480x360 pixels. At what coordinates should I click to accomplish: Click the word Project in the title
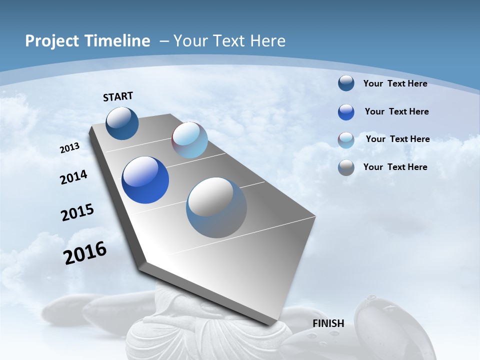coord(51,41)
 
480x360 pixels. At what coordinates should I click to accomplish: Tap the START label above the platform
coord(118,96)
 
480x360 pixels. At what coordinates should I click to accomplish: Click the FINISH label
coord(328,323)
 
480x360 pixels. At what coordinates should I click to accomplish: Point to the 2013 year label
coord(70,148)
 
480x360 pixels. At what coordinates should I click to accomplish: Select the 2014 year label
coord(74,177)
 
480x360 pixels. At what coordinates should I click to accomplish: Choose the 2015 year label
coord(77,212)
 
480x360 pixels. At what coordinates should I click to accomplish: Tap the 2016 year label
coord(85,253)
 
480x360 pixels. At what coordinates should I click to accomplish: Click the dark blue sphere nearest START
coord(122,123)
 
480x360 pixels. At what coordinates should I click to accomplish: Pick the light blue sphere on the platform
coord(189,140)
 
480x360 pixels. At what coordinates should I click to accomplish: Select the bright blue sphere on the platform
coord(145,180)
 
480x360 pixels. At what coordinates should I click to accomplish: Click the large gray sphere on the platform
coord(216,207)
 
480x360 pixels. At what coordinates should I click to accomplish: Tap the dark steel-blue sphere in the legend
coord(346,83)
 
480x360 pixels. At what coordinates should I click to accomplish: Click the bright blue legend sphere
coord(346,112)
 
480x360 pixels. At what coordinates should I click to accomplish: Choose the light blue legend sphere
coord(346,140)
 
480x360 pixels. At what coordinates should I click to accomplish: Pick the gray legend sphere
coord(346,167)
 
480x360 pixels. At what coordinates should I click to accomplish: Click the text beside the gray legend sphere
coord(395,167)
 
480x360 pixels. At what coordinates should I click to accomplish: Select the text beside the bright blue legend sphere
coord(396,111)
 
